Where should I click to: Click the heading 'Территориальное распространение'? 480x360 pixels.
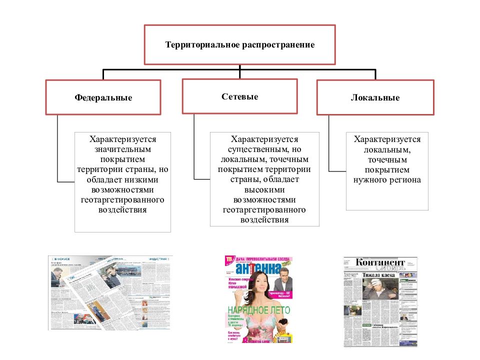(240, 45)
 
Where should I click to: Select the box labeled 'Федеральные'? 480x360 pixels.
(103, 97)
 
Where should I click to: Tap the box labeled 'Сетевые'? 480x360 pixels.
(240, 96)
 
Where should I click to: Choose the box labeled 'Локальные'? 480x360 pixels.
(375, 98)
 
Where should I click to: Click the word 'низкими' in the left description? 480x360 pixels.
(144, 179)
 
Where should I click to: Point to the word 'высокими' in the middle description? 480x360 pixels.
(264, 189)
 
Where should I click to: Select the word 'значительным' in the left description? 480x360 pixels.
(122, 149)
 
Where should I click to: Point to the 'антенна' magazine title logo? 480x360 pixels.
(257, 268)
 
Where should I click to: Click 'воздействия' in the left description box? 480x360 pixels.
(122, 210)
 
